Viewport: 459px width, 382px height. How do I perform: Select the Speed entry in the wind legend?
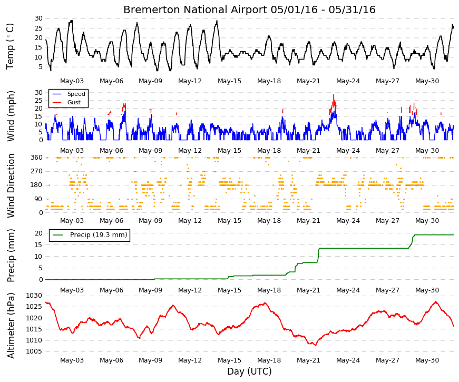click(76, 94)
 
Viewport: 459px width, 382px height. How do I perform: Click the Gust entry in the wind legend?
click(74, 102)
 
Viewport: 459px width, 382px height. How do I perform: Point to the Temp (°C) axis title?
click(10, 46)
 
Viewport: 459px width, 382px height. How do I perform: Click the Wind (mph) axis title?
click(11, 116)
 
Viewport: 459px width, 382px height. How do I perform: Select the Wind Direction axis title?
click(11, 186)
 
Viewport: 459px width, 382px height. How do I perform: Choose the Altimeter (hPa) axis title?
click(11, 326)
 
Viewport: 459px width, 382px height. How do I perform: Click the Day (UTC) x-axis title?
click(249, 371)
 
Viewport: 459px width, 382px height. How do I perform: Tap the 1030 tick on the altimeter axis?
click(34, 296)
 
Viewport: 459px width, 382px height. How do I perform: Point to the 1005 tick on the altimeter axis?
click(34, 351)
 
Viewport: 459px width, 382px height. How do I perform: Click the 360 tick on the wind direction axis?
click(36, 158)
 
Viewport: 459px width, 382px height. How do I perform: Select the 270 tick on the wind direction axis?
click(36, 171)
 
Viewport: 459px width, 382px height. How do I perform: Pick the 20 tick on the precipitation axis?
click(38, 233)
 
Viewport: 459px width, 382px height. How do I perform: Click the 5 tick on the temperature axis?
click(41, 67)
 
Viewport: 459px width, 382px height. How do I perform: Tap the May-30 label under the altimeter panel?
click(427, 360)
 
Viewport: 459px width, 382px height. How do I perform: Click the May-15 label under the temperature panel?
click(230, 81)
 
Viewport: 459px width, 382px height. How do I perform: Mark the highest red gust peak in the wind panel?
click(334, 95)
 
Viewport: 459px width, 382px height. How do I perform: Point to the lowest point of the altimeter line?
click(316, 345)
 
